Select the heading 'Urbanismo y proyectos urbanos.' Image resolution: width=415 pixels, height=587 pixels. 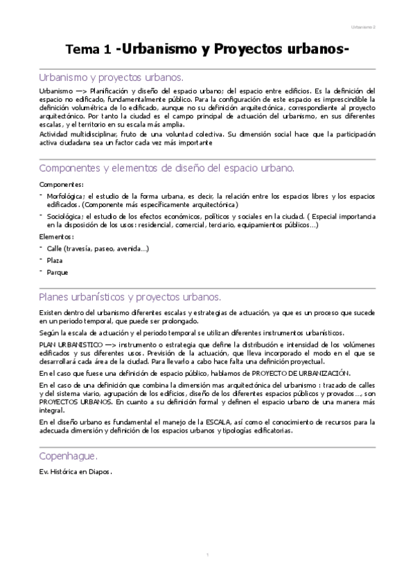pos(110,77)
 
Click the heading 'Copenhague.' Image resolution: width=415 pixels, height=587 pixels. pos(68,456)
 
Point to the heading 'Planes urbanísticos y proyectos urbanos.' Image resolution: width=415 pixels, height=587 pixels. pos(130,297)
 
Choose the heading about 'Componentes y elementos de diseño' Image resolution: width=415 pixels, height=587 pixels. pos(167,168)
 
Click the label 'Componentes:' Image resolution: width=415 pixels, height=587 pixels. pos(61,184)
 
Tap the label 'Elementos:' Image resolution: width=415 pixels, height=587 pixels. pos(57,237)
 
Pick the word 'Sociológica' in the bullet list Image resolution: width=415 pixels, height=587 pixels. pos(65,216)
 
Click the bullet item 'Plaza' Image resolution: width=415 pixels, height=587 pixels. pos(55,260)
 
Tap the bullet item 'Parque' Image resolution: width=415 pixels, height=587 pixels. pos(57,272)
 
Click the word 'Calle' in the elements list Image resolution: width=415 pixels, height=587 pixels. pos(55,248)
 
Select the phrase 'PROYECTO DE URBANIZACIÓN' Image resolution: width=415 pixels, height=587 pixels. pos(303,372)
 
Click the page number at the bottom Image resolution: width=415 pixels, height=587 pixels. pos(207,555)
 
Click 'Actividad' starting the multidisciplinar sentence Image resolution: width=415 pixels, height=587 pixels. pos(53,134)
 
